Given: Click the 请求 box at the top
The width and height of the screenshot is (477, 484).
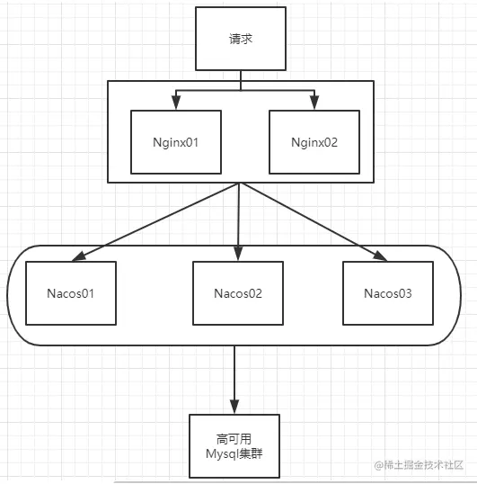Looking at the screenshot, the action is pos(241,39).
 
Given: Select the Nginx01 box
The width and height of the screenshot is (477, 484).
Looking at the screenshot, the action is pos(176,142).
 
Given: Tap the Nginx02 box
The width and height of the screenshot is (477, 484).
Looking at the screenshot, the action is pos(314,142).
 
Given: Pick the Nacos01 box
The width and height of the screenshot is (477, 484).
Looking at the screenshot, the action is pos(71,293).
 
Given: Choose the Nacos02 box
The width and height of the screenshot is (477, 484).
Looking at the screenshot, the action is pos(238,293).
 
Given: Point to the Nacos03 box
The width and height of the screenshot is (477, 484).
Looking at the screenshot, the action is pos(388,293).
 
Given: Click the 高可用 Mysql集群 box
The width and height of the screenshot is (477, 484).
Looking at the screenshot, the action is pos(234,446).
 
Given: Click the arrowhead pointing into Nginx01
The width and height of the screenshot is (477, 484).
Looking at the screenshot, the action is pos(176,103).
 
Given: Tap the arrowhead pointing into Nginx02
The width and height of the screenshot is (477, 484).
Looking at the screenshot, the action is pos(314,103).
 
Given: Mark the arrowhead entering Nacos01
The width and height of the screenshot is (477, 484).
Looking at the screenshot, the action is pos(78,256).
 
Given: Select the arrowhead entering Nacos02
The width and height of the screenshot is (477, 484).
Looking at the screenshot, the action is pos(238,254).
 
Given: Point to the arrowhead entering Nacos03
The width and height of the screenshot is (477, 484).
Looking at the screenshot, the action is pos(380,256).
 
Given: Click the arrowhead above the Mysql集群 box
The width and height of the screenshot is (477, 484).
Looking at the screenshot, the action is pos(234,407).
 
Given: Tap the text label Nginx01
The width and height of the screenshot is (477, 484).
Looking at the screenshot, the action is pos(176,143).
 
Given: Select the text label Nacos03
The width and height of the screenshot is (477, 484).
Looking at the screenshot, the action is pos(388,293).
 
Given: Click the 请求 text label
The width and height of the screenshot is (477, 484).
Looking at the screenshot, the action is pos(241,39).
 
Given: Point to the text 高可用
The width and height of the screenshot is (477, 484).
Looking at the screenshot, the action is pos(234,439).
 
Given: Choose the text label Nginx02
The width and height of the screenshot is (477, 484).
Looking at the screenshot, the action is pos(314,143).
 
